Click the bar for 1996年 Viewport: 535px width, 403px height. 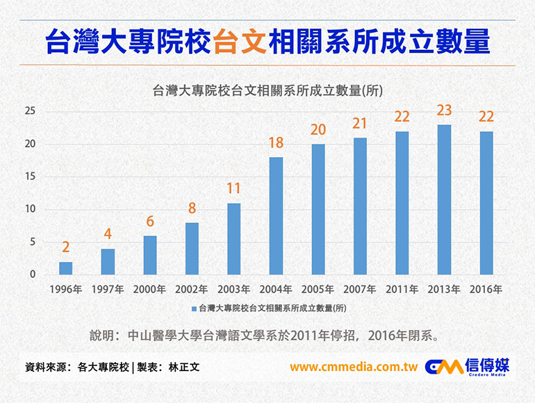(x=65, y=268)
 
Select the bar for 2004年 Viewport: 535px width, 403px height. (x=276, y=216)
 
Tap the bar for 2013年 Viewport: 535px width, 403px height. (x=444, y=200)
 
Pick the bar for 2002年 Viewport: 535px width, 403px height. (x=192, y=249)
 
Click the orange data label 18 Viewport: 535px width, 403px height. (x=276, y=143)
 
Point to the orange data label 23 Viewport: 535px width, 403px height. (x=444, y=110)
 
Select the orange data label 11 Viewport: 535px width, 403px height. (x=233, y=189)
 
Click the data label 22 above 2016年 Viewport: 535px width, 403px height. (x=486, y=117)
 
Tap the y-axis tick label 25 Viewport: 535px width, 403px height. (x=30, y=111)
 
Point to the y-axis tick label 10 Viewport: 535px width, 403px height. (x=30, y=209)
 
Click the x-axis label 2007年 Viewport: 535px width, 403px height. (x=360, y=288)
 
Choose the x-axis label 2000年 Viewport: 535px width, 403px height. (x=149, y=288)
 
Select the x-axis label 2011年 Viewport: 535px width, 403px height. (x=402, y=288)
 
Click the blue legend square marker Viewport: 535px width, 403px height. (x=194, y=307)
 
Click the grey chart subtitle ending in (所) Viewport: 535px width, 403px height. (x=267, y=90)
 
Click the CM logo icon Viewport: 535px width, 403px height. (x=443, y=367)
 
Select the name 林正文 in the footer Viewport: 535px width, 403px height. (x=184, y=367)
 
